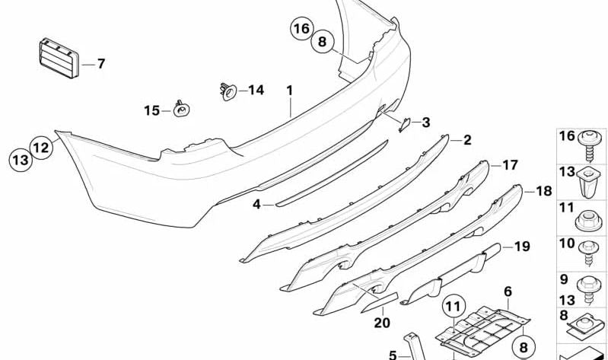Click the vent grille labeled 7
59,58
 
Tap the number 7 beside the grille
101,64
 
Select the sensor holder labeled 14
228,91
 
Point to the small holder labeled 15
181,109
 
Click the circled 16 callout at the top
302,28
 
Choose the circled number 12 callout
41,148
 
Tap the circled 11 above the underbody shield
454,307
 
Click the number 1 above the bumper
290,91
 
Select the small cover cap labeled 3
405,125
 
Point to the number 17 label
510,165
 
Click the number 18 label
543,191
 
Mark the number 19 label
522,247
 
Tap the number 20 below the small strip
382,323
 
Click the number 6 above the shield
508,292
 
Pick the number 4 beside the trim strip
256,204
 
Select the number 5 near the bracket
393,355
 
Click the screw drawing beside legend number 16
590,145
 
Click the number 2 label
467,140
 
